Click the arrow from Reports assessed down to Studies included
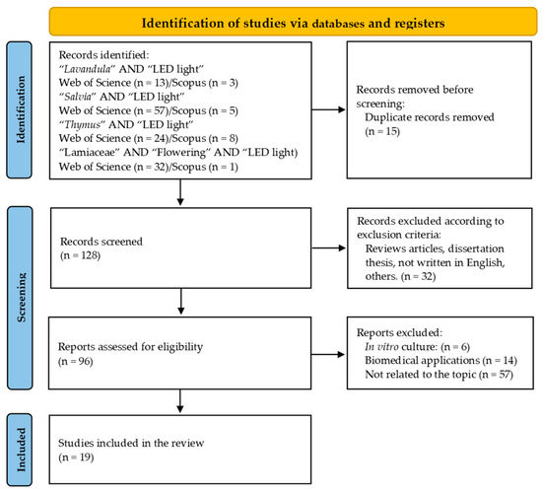[x=181, y=399]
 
